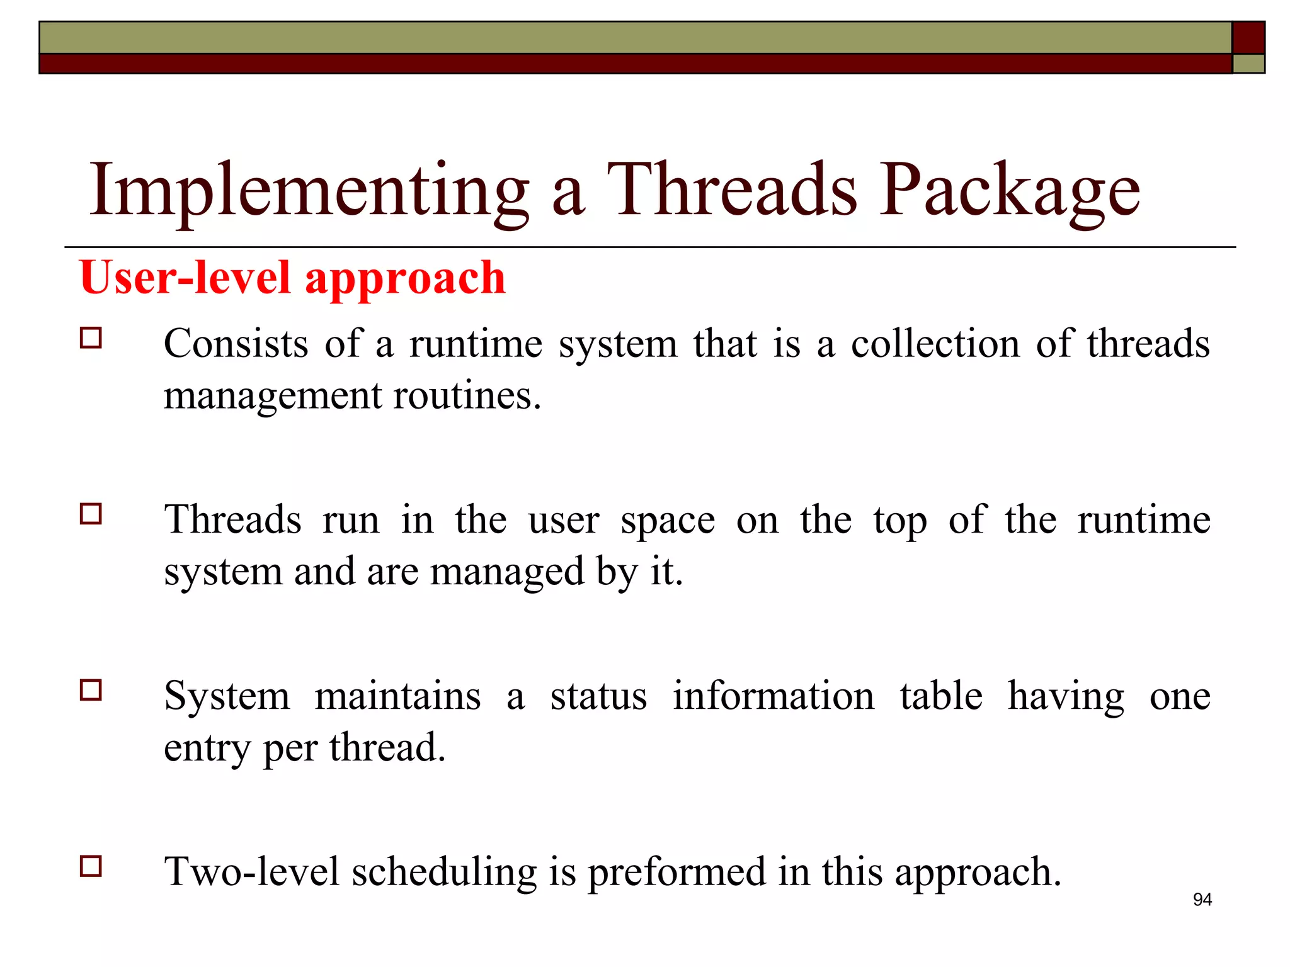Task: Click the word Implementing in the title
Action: [x=309, y=191]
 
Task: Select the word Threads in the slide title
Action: [x=731, y=191]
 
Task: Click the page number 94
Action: [x=1202, y=900]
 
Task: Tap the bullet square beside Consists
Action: [x=91, y=338]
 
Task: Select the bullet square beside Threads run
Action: [x=91, y=514]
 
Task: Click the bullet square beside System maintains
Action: [x=91, y=690]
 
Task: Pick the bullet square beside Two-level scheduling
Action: [x=91, y=866]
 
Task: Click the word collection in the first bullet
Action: [x=935, y=344]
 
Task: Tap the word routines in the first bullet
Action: [x=467, y=397]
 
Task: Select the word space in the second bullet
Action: [x=668, y=521]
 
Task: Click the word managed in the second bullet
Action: [x=507, y=573]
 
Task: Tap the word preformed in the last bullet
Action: [x=676, y=873]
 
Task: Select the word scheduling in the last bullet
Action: [x=443, y=873]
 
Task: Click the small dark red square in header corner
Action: [x=1248, y=37]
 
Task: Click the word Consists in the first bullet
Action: [x=236, y=344]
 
